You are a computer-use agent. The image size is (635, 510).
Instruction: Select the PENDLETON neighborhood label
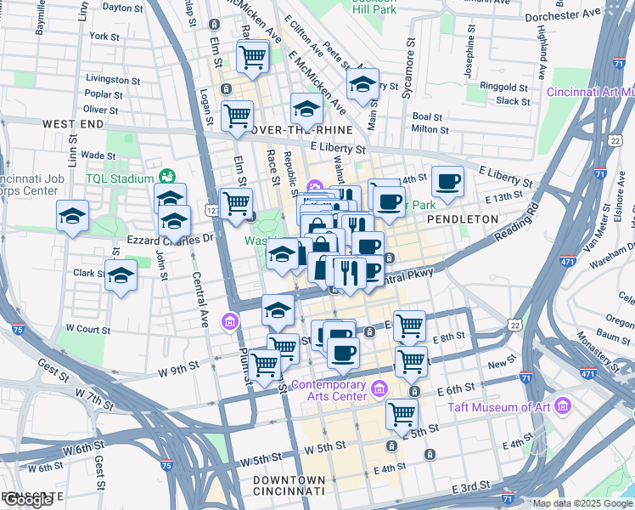pos(462,218)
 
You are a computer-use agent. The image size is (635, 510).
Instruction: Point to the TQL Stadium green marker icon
pos(168,178)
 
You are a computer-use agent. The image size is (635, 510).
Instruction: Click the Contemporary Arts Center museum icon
pos(379,389)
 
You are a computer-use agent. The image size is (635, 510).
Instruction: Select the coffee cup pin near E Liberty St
pos(447,181)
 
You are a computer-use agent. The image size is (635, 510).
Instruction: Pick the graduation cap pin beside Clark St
pos(121,275)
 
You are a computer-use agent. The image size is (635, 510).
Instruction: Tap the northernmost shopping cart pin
pos(253,57)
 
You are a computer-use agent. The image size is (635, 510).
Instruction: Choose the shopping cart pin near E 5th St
pos(402,415)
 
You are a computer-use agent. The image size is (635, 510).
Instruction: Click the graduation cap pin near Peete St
pos(362,85)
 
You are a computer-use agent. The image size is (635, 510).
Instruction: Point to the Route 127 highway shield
pos(212,209)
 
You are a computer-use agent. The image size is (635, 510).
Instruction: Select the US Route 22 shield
pos(515,325)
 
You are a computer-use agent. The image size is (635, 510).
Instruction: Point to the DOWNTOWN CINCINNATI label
pos(289,485)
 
